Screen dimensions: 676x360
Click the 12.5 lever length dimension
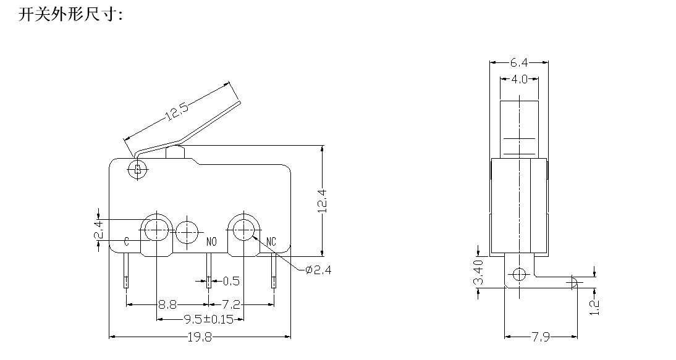point(177,111)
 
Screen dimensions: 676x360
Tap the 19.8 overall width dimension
point(200,337)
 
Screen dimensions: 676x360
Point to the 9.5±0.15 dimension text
point(208,319)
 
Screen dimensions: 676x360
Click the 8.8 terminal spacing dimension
point(167,305)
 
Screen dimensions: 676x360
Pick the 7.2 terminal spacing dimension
point(230,305)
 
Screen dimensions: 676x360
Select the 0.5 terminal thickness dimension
point(230,281)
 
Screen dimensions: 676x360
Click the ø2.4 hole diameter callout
point(318,270)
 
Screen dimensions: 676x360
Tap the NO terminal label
point(211,242)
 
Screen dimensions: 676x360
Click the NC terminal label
point(271,241)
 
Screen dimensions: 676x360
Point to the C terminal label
point(127,241)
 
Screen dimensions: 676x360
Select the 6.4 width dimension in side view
point(519,63)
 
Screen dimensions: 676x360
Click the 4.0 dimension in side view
point(519,79)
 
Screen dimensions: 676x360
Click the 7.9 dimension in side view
point(540,337)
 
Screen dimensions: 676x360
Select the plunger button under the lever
point(175,153)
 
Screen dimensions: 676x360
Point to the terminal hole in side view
point(519,274)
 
